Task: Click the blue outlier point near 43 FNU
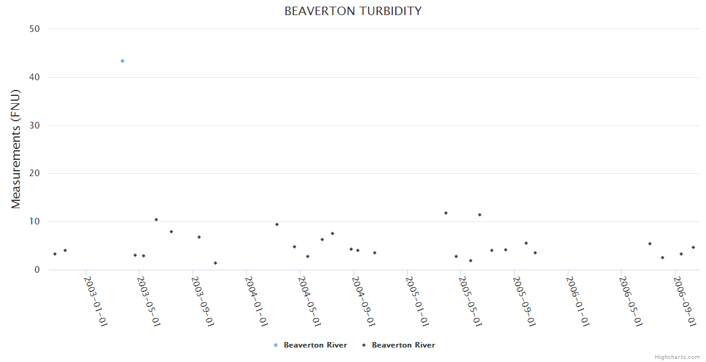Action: [122, 61]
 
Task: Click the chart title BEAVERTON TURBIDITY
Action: [353, 11]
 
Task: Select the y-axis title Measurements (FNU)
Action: [16, 149]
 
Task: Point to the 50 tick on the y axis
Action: [35, 29]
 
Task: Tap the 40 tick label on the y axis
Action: [35, 77]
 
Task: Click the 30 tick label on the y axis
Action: [35, 125]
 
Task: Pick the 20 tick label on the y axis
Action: [35, 174]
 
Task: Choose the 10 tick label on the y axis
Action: [35, 222]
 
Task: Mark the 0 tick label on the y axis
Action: [37, 270]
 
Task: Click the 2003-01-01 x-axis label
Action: [95, 302]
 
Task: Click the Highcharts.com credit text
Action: [677, 357]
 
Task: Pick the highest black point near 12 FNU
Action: [446, 213]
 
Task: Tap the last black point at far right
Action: [693, 247]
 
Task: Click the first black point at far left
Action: [55, 254]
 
